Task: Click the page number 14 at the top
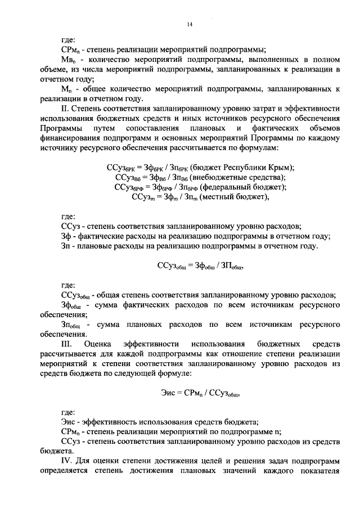click(x=190, y=24)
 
